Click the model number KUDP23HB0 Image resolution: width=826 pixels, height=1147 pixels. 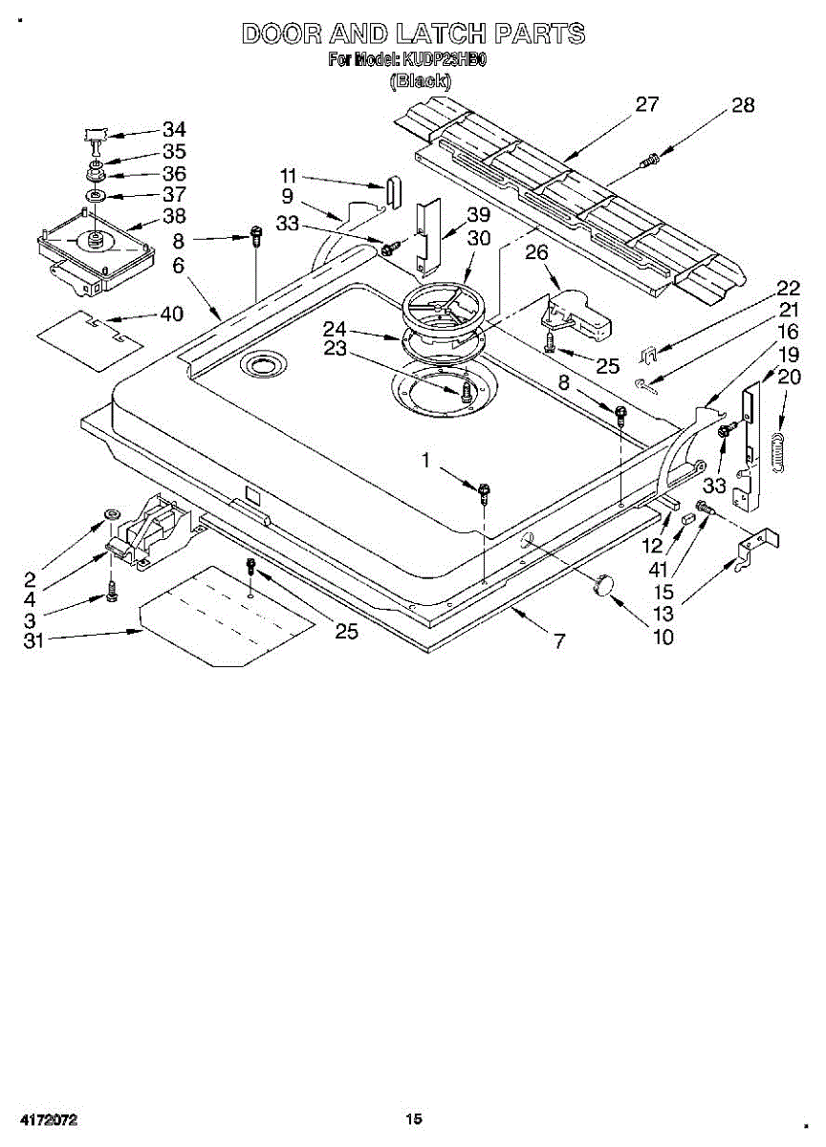coord(446,60)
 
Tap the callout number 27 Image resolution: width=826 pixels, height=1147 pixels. coord(647,103)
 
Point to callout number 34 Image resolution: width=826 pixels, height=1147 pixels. coord(174,129)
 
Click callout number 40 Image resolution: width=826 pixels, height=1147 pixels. coord(173,313)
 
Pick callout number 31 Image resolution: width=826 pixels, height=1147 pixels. coord(34,640)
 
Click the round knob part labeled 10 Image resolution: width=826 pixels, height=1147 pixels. coord(603,585)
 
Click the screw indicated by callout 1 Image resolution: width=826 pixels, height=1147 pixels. coord(486,492)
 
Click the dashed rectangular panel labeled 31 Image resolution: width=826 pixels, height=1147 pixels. coord(228,616)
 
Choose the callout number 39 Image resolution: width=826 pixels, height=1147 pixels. coord(478,214)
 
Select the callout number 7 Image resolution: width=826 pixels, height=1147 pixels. coord(558,640)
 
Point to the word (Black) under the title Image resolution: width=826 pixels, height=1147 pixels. coord(420,81)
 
